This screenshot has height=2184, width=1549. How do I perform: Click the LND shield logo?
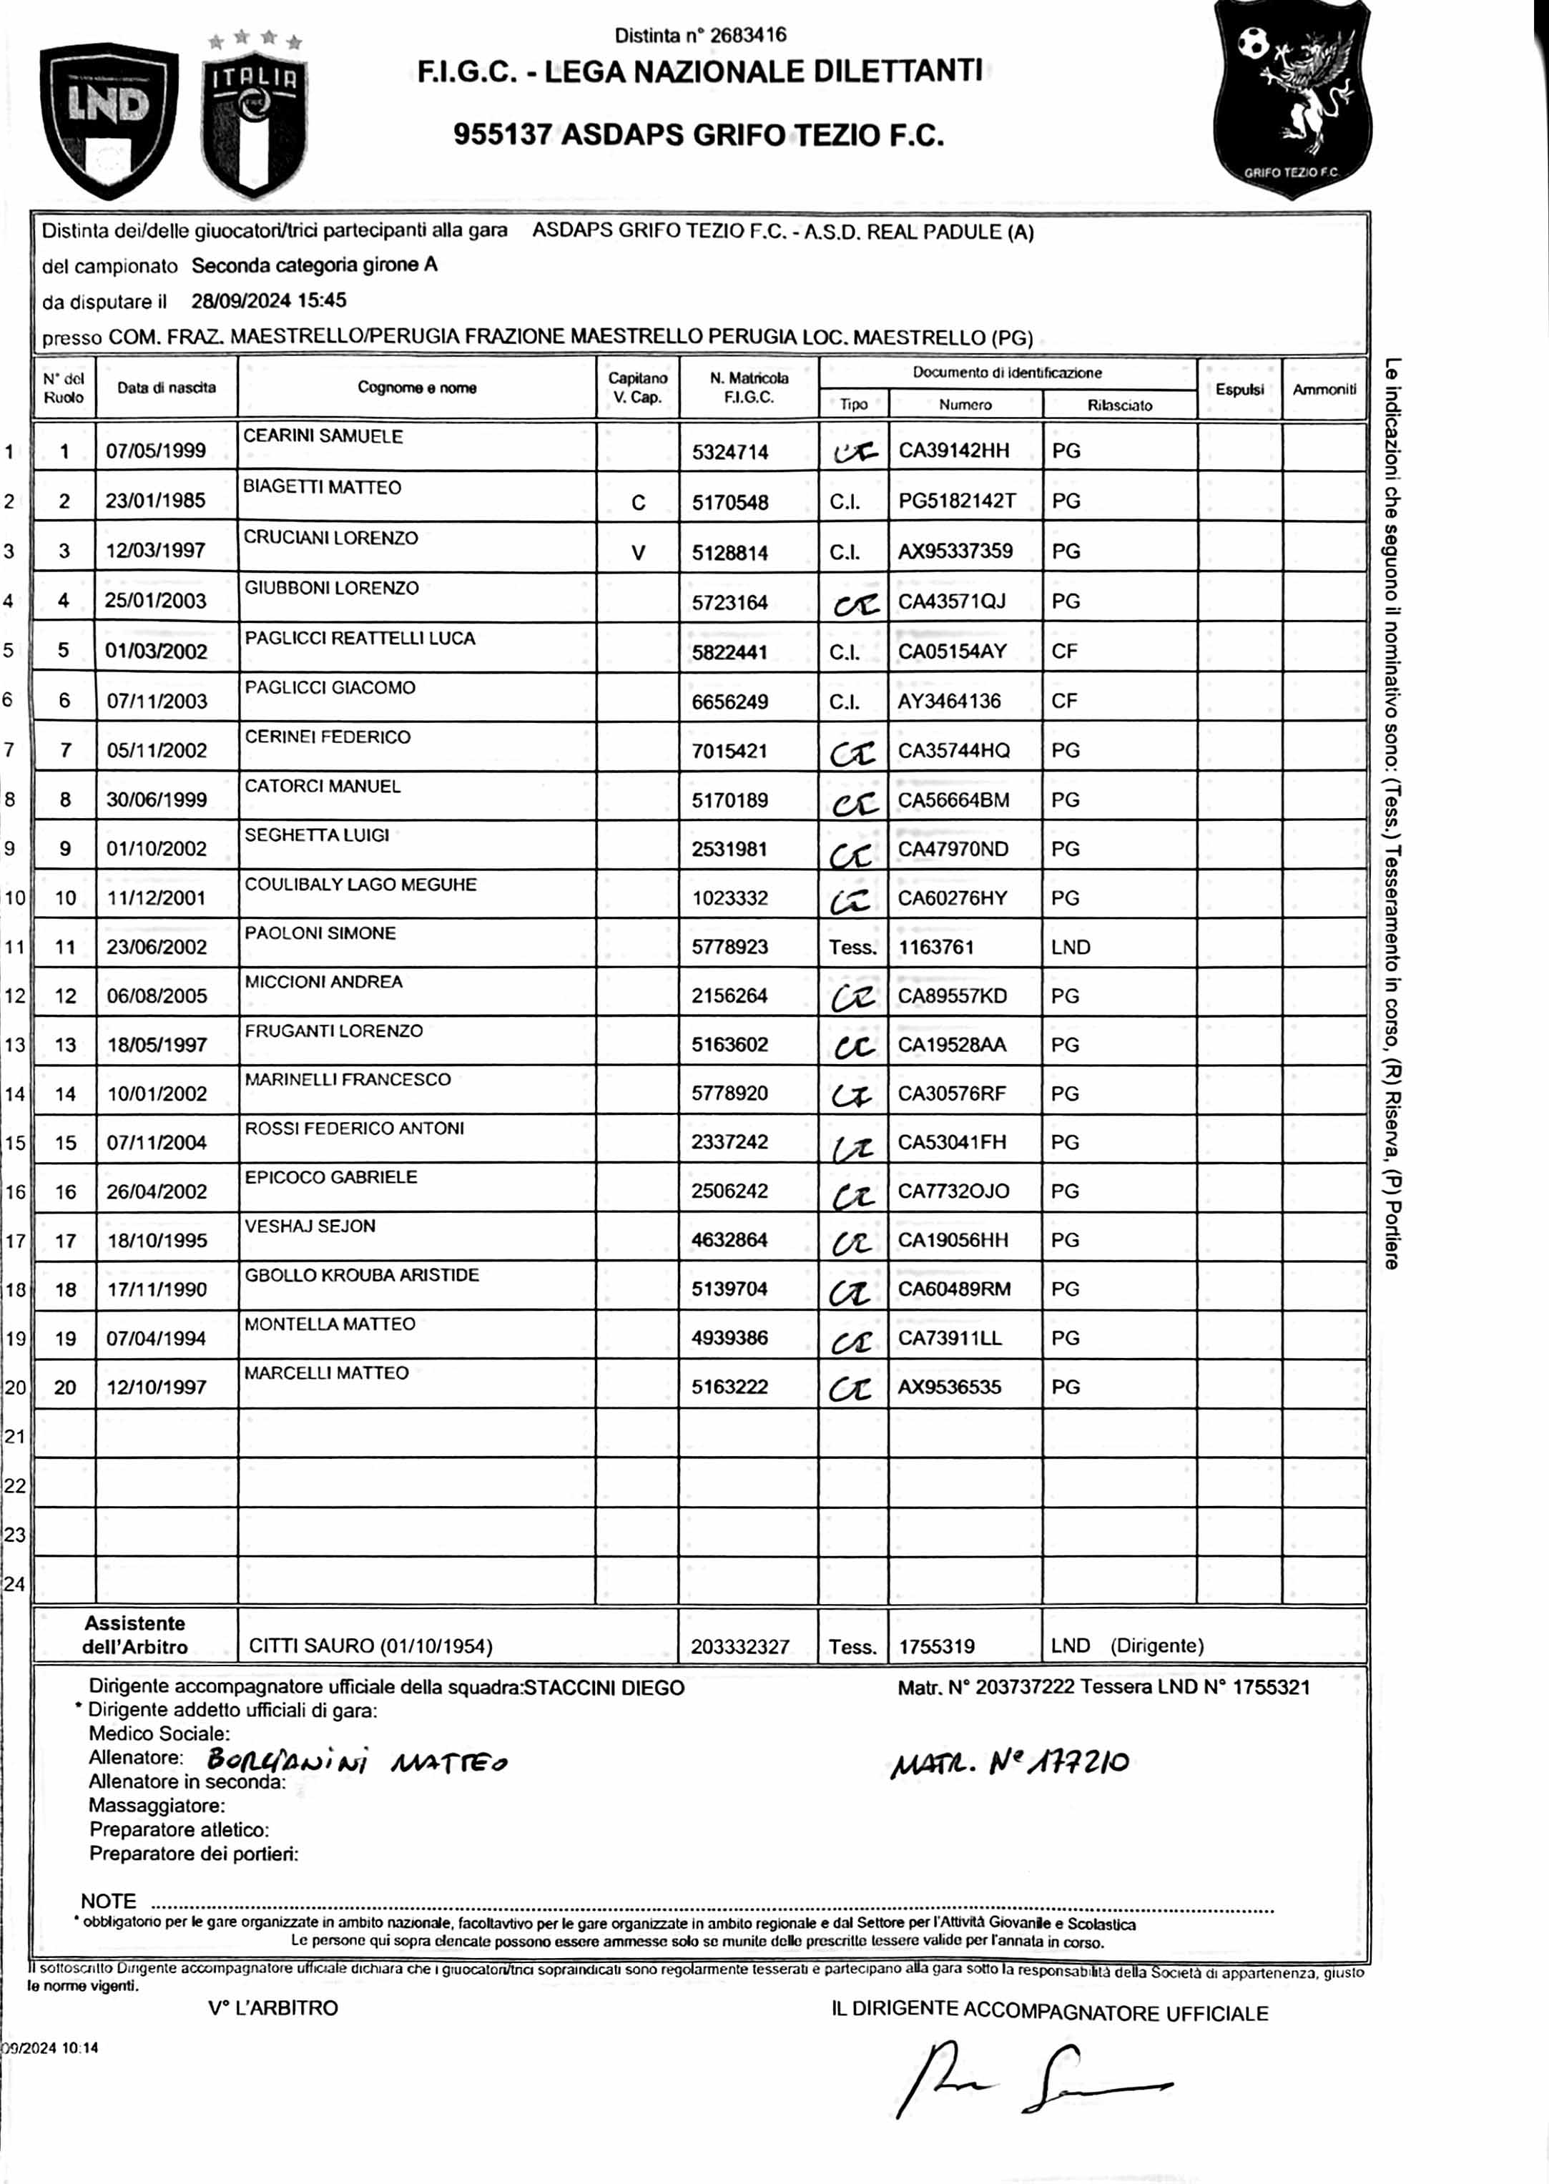click(x=109, y=119)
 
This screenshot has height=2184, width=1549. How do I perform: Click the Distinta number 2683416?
click(x=700, y=35)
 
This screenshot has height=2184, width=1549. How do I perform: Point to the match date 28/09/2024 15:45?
click(x=268, y=300)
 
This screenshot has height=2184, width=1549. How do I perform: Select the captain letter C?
click(x=638, y=503)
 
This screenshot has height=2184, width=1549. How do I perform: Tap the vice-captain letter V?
click(x=638, y=552)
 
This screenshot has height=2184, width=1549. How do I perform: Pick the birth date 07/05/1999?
click(x=155, y=451)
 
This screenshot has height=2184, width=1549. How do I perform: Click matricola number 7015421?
click(x=729, y=751)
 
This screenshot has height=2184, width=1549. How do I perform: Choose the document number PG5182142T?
click(x=957, y=501)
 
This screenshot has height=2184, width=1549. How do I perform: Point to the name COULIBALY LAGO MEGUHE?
click(x=360, y=884)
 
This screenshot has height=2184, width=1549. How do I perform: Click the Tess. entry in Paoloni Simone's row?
click(x=852, y=947)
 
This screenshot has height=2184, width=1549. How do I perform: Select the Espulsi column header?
click(x=1239, y=389)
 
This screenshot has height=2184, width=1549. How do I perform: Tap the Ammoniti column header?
click(x=1324, y=389)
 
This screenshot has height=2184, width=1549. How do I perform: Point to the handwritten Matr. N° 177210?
click(x=1009, y=1763)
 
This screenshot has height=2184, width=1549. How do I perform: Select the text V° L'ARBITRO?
click(x=272, y=2007)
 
